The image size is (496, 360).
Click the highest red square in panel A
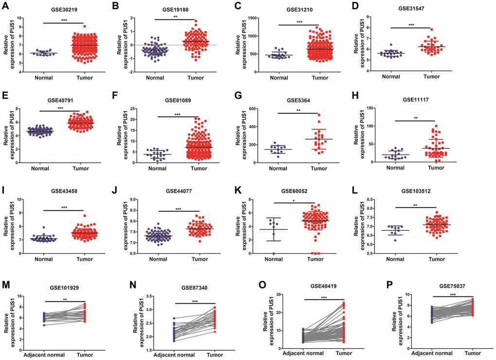point(85,27)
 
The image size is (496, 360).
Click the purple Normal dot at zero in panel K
point(274,253)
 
